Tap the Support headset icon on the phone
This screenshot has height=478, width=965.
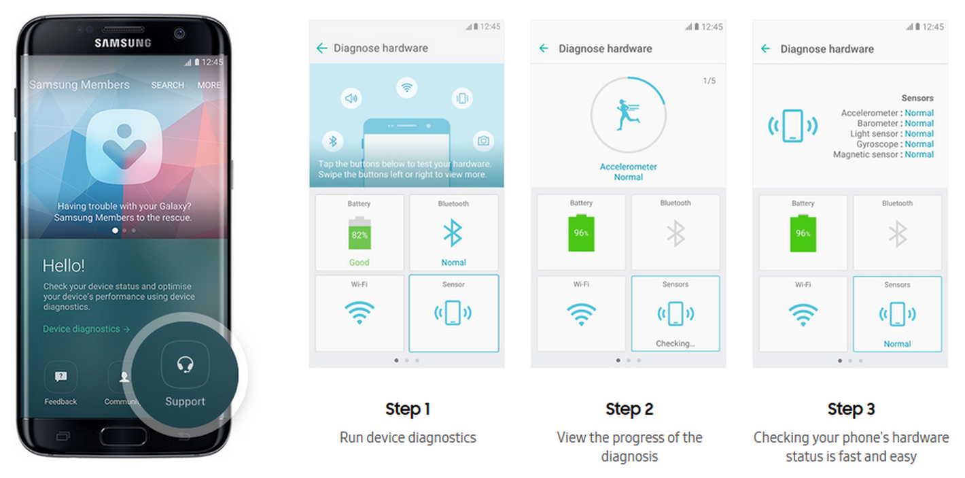(186, 364)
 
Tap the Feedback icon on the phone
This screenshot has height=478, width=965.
(60, 377)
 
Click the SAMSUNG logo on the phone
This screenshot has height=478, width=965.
(123, 43)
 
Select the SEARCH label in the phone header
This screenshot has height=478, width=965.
(168, 85)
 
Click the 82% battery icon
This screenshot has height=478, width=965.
(359, 233)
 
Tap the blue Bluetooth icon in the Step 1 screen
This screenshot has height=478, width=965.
(453, 233)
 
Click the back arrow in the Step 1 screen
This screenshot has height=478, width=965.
(322, 48)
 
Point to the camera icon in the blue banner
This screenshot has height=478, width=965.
(483, 141)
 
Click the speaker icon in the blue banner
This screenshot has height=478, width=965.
(351, 99)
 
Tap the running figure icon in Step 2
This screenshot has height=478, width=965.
(627, 115)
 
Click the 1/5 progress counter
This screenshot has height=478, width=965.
(709, 81)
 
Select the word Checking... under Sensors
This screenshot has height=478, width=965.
(675, 343)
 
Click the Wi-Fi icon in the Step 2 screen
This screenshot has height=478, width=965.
(581, 315)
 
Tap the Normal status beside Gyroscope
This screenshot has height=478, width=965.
(919, 144)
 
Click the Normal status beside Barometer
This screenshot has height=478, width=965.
(919, 123)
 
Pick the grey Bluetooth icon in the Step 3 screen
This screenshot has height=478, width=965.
(897, 234)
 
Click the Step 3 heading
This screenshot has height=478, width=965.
(851, 409)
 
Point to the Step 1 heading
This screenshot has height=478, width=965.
(408, 409)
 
